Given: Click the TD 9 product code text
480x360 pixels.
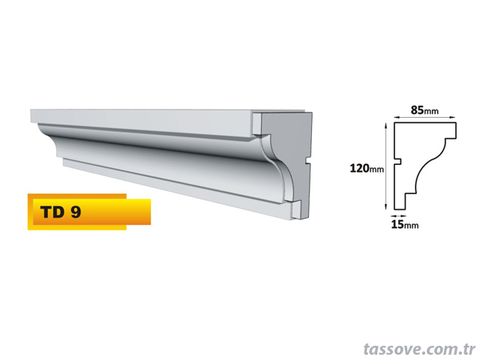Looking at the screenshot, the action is pyautogui.click(x=61, y=211).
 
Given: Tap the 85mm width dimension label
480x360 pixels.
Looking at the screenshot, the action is pyautogui.click(x=424, y=110).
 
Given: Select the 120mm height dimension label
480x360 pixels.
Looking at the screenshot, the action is pyautogui.click(x=367, y=168).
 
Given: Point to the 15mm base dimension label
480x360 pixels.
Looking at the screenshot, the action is pyautogui.click(x=405, y=225).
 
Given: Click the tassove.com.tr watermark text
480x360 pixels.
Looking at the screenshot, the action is pyautogui.click(x=419, y=349).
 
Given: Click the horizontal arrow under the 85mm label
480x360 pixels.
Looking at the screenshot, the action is pyautogui.click(x=425, y=117).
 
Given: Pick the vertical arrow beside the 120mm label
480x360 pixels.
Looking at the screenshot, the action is pyautogui.click(x=386, y=166).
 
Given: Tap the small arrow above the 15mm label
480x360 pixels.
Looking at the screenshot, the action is pyautogui.click(x=398, y=216).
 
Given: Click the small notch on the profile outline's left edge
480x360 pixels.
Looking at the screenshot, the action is pyautogui.click(x=397, y=161).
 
